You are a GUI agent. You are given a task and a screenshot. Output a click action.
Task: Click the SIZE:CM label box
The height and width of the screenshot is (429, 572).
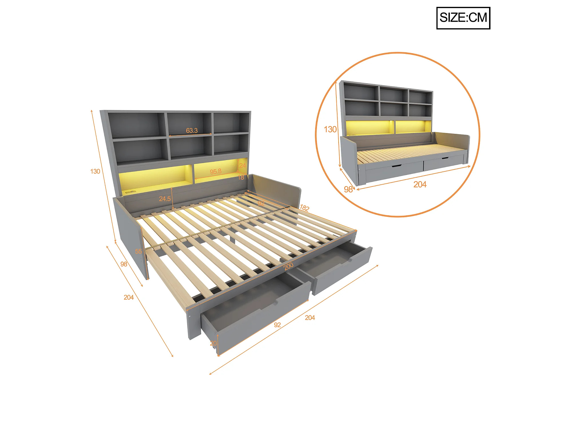(463, 18)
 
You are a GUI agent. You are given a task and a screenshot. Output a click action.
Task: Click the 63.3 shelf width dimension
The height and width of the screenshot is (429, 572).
(192, 131)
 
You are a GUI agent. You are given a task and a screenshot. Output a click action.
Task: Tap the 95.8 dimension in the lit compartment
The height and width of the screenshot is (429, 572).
(216, 172)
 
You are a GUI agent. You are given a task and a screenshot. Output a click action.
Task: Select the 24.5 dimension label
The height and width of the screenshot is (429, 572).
(165, 199)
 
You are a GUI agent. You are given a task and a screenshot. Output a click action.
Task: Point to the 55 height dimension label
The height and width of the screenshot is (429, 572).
(138, 251)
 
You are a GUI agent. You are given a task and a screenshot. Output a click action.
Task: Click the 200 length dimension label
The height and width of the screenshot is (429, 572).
(289, 267)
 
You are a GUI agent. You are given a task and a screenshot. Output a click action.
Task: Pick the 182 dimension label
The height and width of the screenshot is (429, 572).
(304, 208)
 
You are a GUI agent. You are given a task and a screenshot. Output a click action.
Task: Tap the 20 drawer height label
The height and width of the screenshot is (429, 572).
(213, 343)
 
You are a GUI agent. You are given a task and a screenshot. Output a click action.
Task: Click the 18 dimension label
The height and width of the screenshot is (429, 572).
(241, 177)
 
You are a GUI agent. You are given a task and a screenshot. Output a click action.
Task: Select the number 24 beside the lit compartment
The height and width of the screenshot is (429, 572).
(242, 166)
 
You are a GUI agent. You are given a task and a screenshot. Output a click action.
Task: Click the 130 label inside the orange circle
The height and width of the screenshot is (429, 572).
(330, 129)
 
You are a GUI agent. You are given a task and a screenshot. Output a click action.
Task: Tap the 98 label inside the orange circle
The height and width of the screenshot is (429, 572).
(348, 189)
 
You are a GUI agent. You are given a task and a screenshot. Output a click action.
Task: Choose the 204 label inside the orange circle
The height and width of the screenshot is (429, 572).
(420, 184)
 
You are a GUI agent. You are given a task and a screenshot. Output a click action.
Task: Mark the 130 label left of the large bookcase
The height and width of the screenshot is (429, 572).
(95, 171)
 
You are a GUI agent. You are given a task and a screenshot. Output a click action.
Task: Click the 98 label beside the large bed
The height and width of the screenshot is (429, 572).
(124, 264)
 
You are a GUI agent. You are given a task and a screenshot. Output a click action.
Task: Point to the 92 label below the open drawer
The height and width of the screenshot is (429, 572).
(277, 325)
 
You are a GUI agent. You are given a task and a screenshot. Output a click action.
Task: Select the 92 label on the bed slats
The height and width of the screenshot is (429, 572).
(261, 203)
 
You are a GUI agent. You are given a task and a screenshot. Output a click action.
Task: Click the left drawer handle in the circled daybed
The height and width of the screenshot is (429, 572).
(396, 166)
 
